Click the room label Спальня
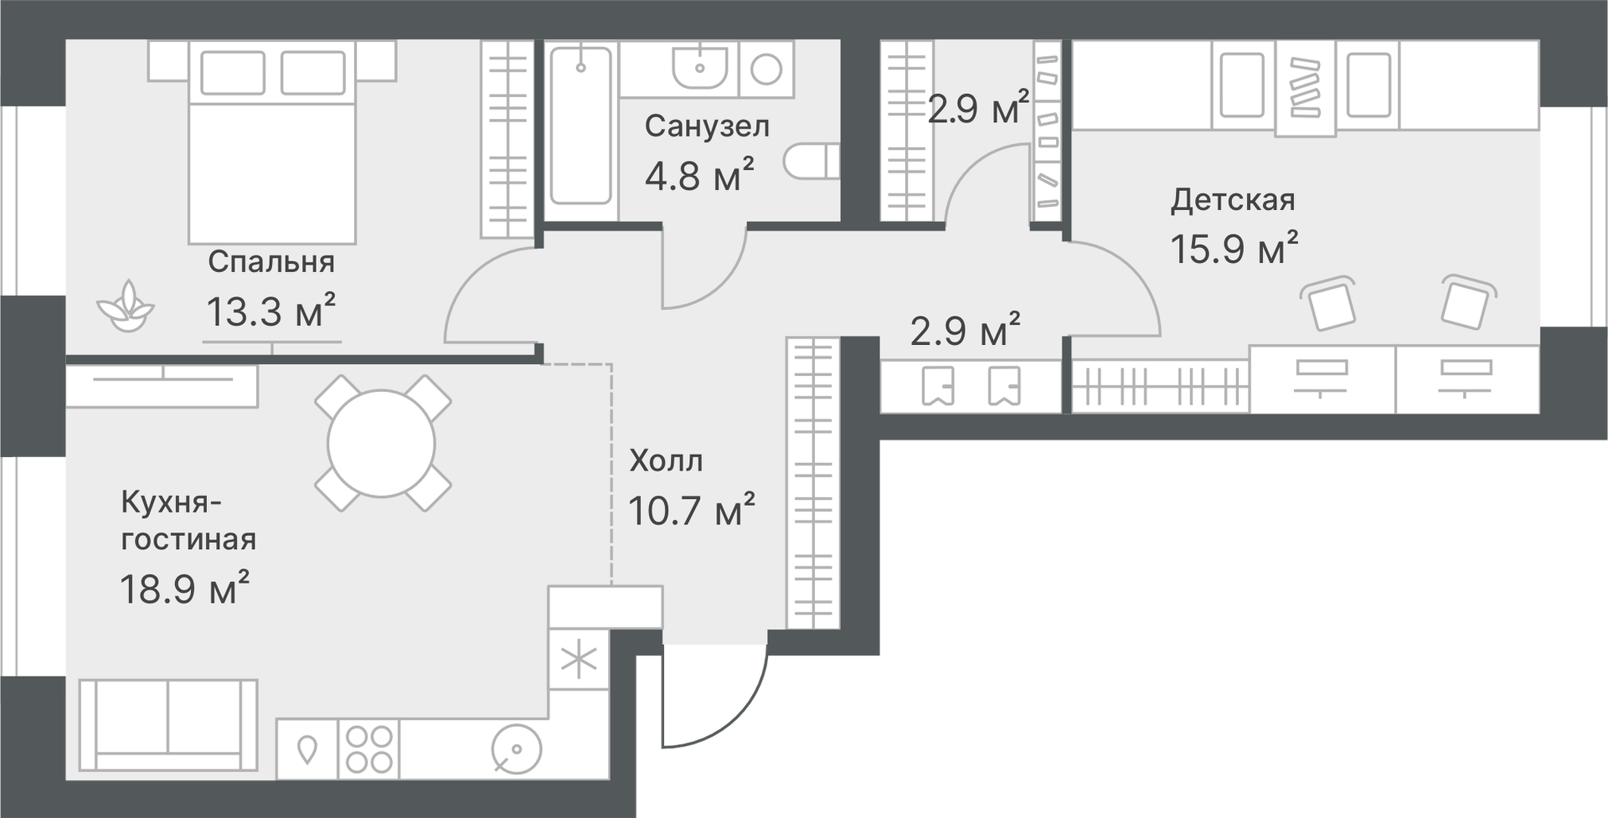click(x=271, y=262)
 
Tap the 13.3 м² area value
click(x=271, y=310)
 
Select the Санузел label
click(x=707, y=126)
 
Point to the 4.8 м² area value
click(x=699, y=175)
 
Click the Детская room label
click(x=1233, y=200)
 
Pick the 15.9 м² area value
click(x=1234, y=247)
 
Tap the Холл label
click(x=666, y=460)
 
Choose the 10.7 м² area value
click(x=691, y=509)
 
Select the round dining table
click(x=381, y=443)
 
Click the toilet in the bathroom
click(x=811, y=161)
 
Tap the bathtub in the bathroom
click(x=581, y=126)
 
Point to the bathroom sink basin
click(x=699, y=66)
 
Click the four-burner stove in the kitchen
click(x=369, y=749)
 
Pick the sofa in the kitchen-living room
click(x=168, y=726)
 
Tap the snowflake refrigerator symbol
click(x=578, y=660)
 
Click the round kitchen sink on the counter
click(x=516, y=750)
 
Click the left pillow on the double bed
click(x=233, y=73)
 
